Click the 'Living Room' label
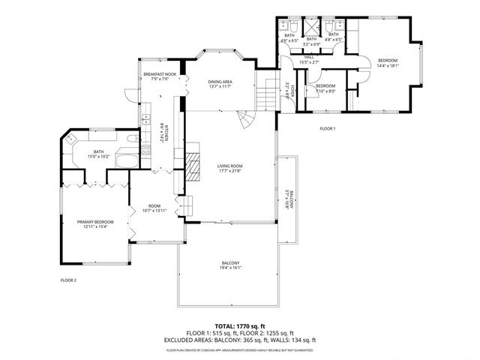(x=229, y=166)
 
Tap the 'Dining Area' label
(x=220, y=81)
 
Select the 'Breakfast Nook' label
(x=159, y=74)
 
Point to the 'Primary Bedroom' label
(x=95, y=222)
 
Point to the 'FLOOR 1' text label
(x=328, y=129)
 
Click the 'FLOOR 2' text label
(x=69, y=280)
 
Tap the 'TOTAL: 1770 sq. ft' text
(x=239, y=327)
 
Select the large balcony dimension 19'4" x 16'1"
(x=231, y=268)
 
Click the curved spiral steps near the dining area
(x=245, y=119)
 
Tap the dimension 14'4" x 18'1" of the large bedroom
(x=388, y=66)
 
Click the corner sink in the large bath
(x=72, y=139)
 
